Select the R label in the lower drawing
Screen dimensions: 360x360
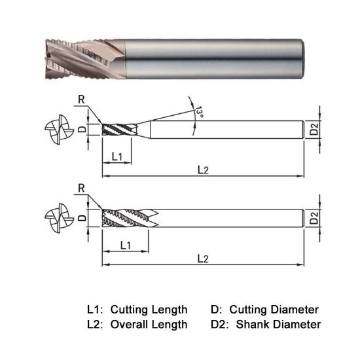(x=81, y=189)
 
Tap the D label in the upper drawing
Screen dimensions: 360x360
(x=82, y=130)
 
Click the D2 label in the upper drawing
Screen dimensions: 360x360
(x=315, y=130)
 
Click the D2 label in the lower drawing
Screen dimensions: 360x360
(x=315, y=218)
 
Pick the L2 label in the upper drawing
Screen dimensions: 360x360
(x=203, y=170)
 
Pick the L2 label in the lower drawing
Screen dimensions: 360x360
(x=203, y=259)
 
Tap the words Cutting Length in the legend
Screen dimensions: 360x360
(x=149, y=309)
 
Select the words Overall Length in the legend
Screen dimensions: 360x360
(x=149, y=324)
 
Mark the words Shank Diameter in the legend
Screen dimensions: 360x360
(x=279, y=324)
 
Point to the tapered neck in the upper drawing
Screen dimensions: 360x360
(x=144, y=129)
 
